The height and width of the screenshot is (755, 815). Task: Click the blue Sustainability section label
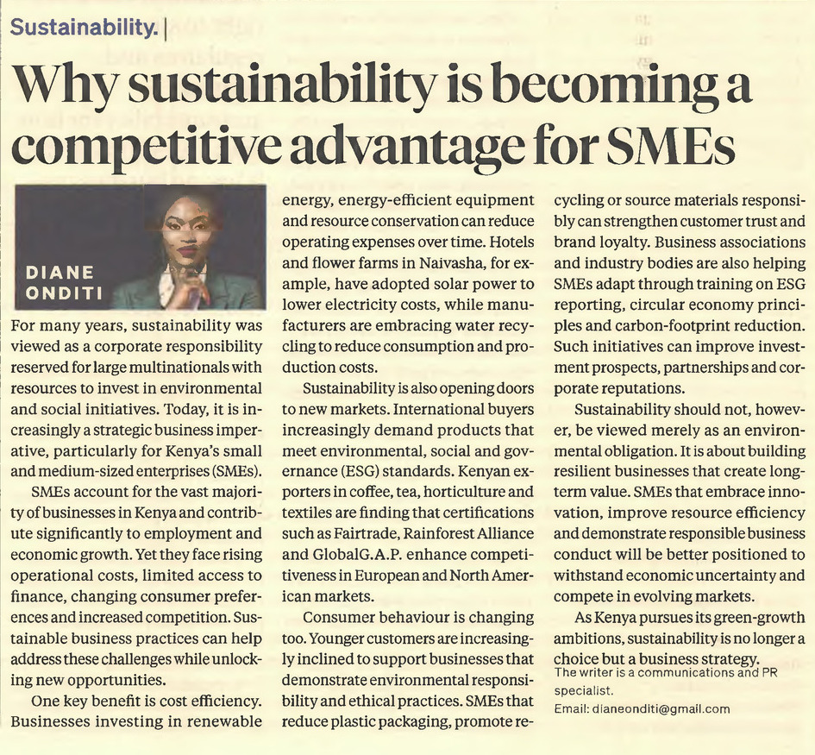83,27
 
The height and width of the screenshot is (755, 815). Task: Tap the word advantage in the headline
405,148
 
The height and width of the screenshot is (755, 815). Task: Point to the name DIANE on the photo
60,272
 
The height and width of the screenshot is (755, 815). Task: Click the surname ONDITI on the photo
64,293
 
